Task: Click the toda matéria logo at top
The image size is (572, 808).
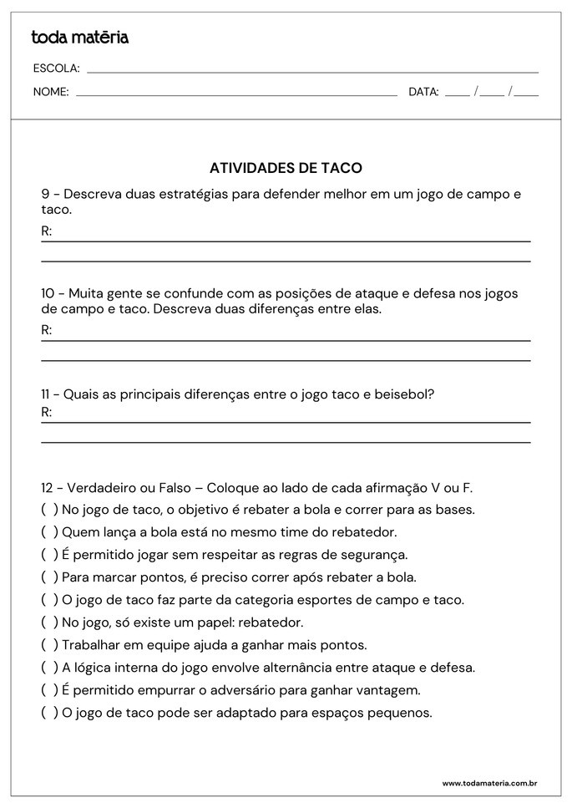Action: tap(79, 38)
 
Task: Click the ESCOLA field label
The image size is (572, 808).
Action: tap(56, 69)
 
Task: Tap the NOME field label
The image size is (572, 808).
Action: tap(51, 92)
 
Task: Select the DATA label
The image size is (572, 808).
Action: tap(423, 92)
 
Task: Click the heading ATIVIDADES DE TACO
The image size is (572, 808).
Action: tap(286, 168)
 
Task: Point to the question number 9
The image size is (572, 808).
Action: tap(45, 194)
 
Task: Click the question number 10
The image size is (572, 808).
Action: tap(48, 293)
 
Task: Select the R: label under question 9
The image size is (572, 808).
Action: tap(47, 231)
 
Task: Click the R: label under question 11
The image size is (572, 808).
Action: tap(47, 413)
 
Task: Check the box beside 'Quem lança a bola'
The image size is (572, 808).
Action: tap(49, 531)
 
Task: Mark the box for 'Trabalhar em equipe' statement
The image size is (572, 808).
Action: tap(49, 645)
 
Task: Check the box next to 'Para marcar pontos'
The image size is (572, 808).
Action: tap(49, 577)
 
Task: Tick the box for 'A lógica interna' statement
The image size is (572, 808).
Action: tap(49, 668)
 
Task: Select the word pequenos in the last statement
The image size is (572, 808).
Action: tap(402, 714)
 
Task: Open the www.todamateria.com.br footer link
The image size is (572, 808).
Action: tap(488, 784)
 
